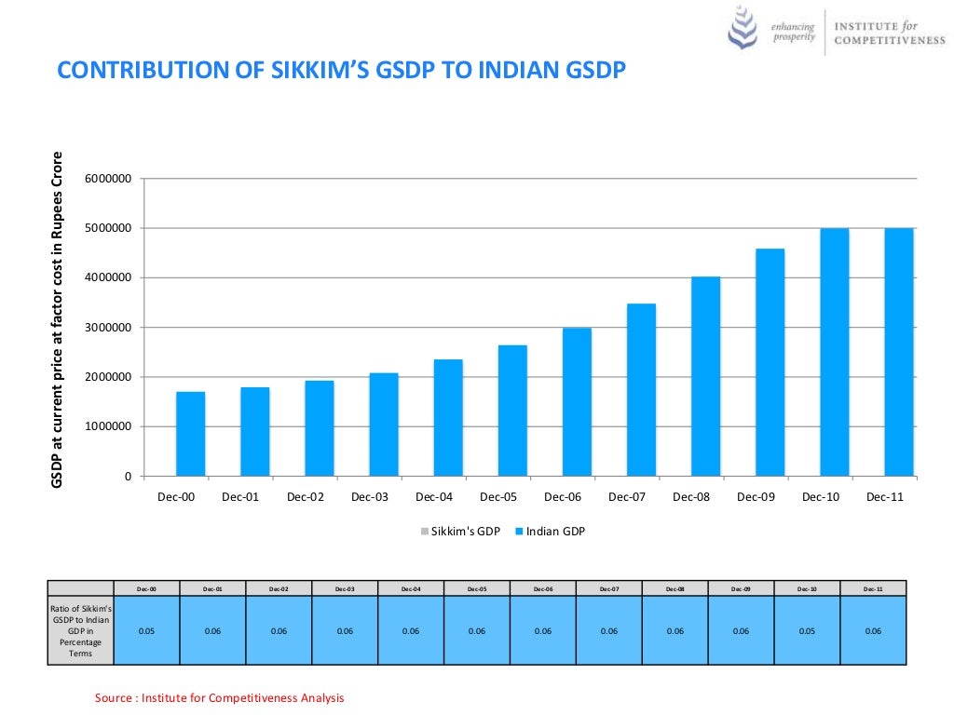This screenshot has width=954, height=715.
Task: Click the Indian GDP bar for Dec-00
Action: pos(190,434)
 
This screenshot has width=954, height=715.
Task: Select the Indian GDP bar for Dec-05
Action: pos(512,411)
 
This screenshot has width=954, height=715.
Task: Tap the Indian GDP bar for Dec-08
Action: pos(705,376)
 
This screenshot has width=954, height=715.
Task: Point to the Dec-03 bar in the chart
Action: pos(384,425)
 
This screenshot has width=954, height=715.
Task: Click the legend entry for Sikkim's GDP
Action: pos(461,532)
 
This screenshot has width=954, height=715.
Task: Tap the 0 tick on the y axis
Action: pos(128,477)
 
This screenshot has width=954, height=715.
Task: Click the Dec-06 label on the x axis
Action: pos(563,497)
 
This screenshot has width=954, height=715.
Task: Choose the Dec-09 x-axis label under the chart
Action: pos(756,497)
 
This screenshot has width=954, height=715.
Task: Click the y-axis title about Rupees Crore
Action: pos(58,319)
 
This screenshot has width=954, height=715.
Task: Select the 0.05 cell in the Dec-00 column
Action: pos(146,630)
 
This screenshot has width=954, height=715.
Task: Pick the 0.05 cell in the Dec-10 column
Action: pos(807,630)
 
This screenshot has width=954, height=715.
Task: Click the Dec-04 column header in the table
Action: pos(411,588)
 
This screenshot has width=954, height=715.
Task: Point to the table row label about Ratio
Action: pos(80,630)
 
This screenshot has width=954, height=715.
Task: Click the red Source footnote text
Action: pos(220,698)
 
